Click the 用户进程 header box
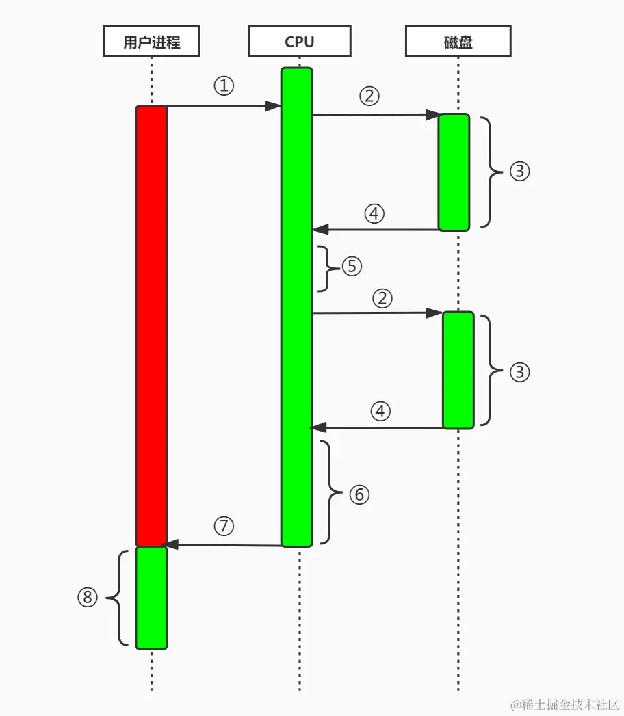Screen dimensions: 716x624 click(151, 42)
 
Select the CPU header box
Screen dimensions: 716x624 click(299, 42)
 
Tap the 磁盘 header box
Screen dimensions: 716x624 click(458, 42)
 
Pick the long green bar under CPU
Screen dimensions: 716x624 click(297, 308)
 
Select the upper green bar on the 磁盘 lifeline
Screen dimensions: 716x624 click(454, 172)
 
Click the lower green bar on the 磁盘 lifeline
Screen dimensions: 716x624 click(458, 370)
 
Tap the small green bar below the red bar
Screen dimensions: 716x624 click(151, 597)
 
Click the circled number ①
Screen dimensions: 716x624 click(224, 86)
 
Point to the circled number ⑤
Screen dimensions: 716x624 click(352, 265)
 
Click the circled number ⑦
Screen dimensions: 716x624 click(224, 525)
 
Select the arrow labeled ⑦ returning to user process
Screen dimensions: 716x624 click(224, 545)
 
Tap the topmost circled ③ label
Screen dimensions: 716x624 click(520, 171)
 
